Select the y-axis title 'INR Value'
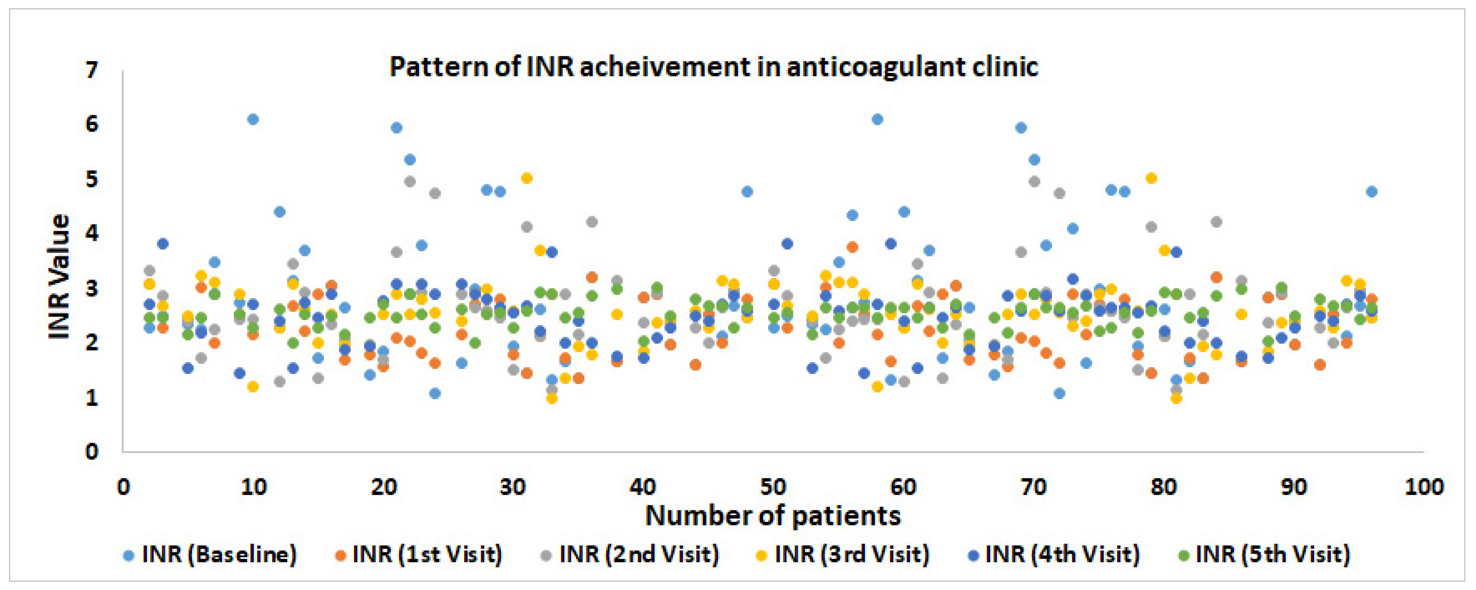[59, 277]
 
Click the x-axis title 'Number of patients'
[772, 516]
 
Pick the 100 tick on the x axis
[1424, 487]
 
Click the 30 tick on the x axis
[512, 487]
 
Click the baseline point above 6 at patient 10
[253, 119]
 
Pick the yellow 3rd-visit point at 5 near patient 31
[526, 178]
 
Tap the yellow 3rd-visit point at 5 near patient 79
[1151, 178]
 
